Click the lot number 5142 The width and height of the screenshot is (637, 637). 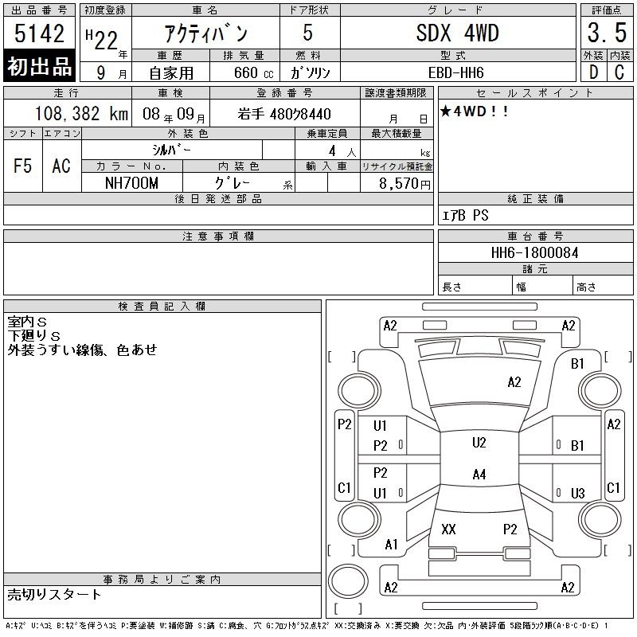click(x=39, y=33)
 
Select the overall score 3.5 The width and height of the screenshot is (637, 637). click(x=607, y=33)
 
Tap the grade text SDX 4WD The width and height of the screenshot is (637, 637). click(x=457, y=33)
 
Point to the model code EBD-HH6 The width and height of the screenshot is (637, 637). click(x=455, y=72)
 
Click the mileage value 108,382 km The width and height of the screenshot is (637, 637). click(x=82, y=113)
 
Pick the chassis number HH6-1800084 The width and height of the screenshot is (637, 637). click(x=534, y=252)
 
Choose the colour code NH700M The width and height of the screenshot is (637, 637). click(x=131, y=183)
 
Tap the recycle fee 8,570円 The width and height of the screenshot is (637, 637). click(x=404, y=184)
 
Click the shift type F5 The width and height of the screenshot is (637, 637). click(x=23, y=166)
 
